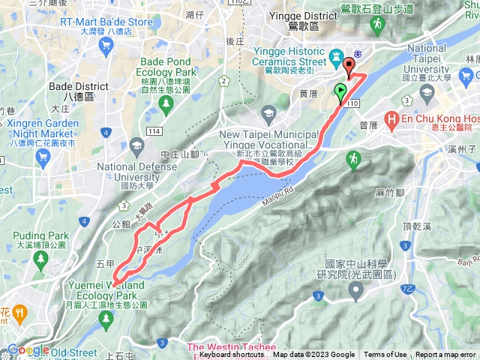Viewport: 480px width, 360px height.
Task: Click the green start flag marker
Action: (341, 93)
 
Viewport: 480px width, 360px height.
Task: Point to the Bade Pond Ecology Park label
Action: (168, 65)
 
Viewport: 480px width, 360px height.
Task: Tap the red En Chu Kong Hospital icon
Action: (391, 119)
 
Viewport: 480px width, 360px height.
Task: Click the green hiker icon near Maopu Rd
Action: (352, 158)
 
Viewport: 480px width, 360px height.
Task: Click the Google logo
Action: (28, 350)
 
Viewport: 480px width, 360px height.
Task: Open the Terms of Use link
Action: (385, 355)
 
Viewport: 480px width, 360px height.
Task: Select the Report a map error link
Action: (445, 355)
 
